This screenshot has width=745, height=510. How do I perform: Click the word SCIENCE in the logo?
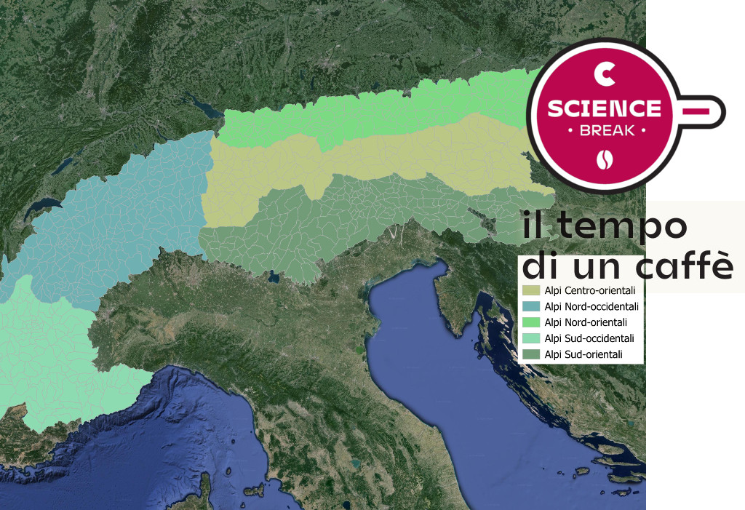pos(604,108)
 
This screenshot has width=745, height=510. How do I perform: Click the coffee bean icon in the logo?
pos(605,159)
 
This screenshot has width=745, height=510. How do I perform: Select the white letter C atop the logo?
pos(604,73)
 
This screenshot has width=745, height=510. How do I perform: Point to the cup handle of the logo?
pos(704,109)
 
